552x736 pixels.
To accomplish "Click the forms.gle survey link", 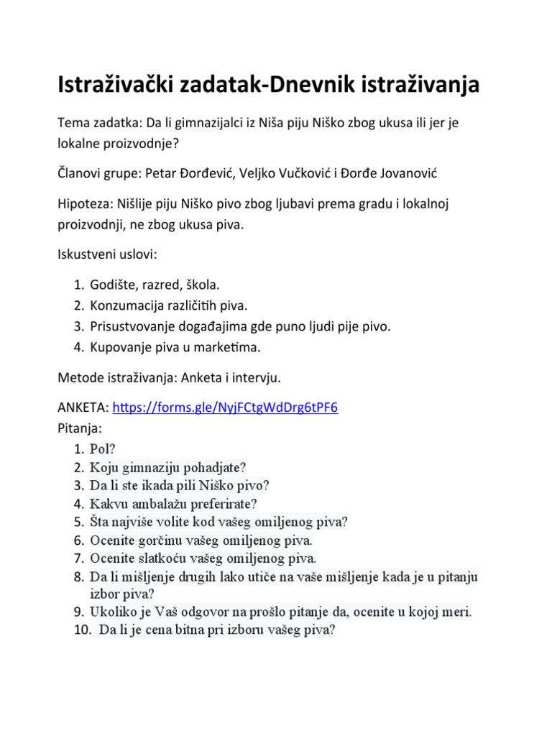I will [x=226, y=408].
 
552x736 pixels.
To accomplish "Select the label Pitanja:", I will [x=80, y=428].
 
